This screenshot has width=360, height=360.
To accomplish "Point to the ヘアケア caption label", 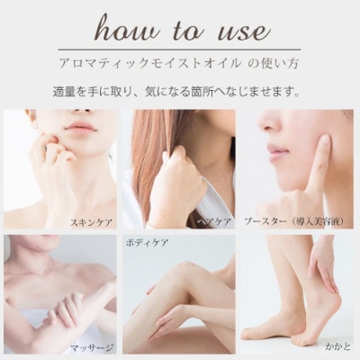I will [x=213, y=220].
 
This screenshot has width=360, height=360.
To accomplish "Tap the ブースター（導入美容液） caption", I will [x=303, y=220].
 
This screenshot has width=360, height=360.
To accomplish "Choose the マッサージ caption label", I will [x=93, y=346].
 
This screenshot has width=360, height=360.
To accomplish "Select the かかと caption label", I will [x=341, y=344].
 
